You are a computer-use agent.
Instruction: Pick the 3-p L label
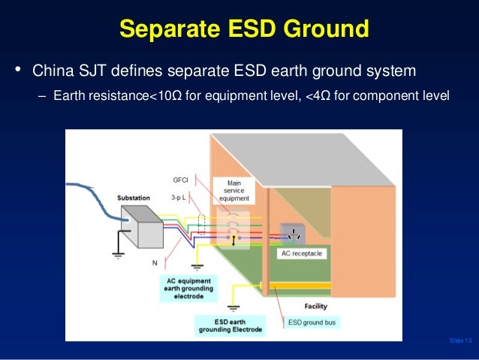click(179, 198)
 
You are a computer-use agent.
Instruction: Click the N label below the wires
click(155, 263)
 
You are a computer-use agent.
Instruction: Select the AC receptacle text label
click(301, 254)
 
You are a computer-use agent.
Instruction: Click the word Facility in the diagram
click(315, 307)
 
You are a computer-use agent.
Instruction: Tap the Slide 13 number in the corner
click(460, 342)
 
